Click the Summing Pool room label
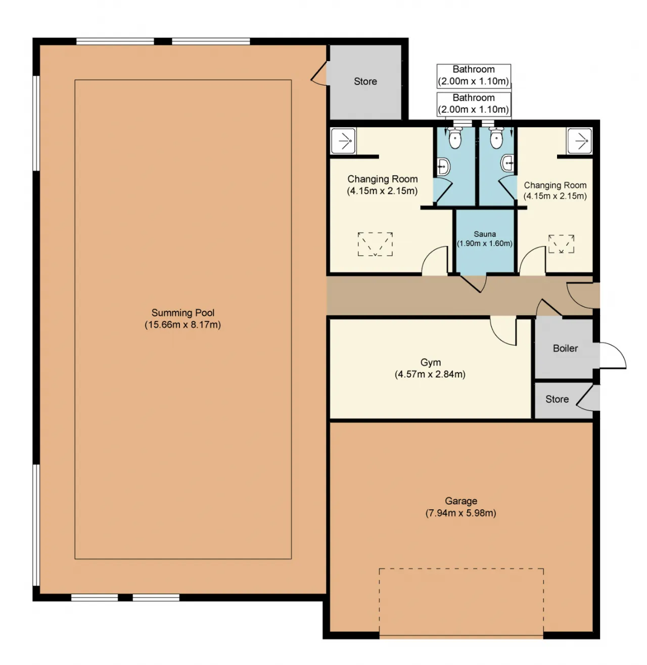(x=182, y=312)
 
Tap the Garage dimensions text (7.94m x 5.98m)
(x=460, y=512)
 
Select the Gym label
(x=430, y=362)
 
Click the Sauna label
(x=485, y=234)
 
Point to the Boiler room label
(x=565, y=348)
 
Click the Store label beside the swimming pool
(x=365, y=81)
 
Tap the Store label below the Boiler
(x=557, y=399)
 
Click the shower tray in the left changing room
(x=343, y=140)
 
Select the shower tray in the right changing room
(x=579, y=140)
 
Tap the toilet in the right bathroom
(x=496, y=137)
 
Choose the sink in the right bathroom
(x=508, y=163)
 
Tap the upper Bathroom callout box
(x=474, y=75)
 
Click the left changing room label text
(x=382, y=184)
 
